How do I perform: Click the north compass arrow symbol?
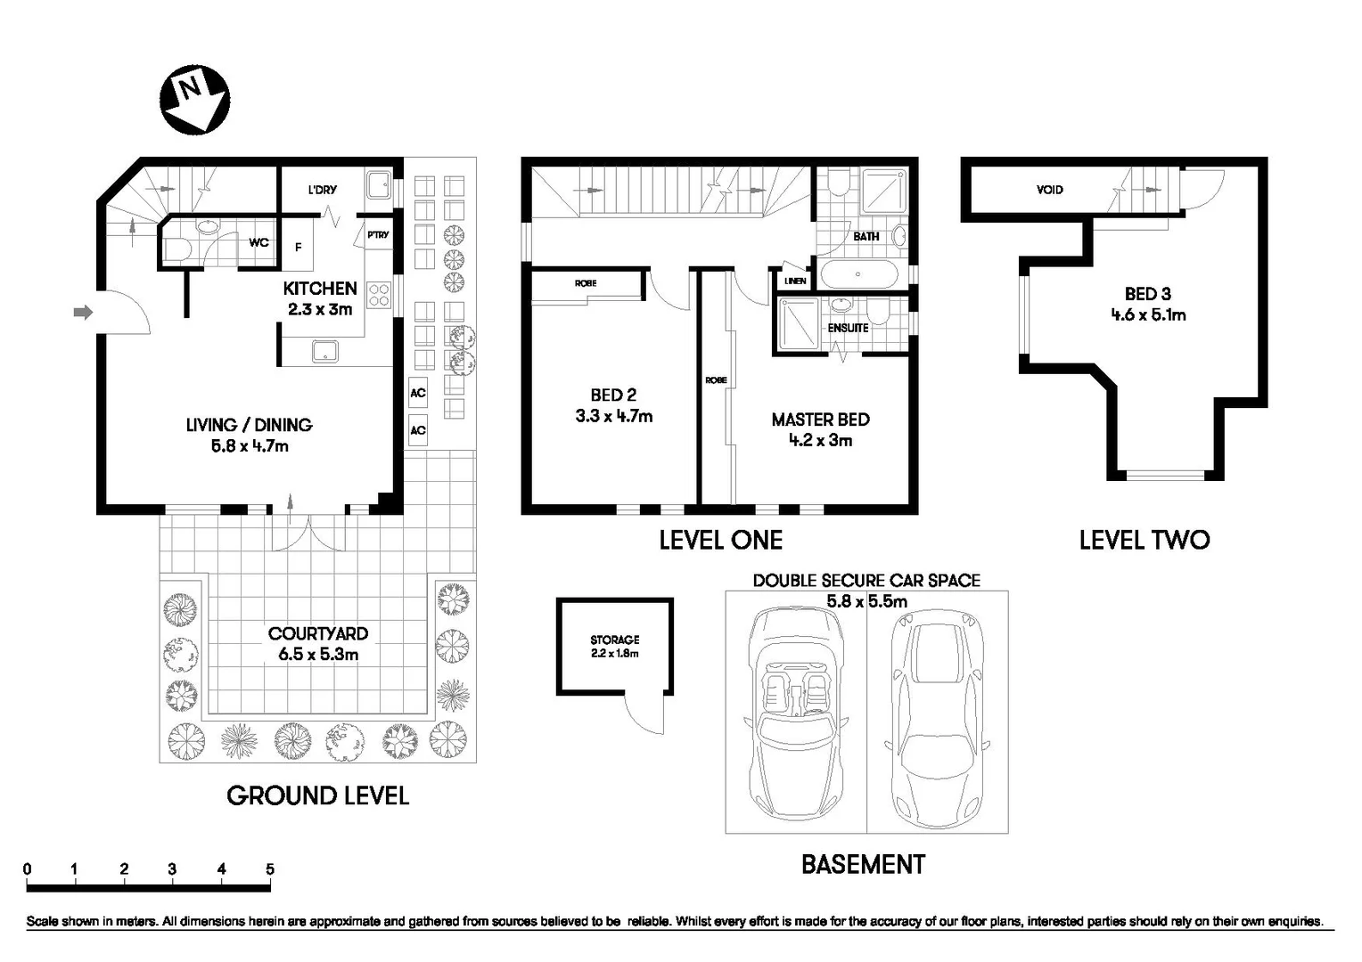[x=194, y=99]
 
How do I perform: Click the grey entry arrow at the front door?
[x=83, y=312]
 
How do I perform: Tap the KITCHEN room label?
[x=319, y=289]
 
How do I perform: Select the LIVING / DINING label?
[x=250, y=425]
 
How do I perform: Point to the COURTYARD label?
[x=318, y=633]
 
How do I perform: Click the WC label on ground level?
[x=258, y=242]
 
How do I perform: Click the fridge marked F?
[x=299, y=248]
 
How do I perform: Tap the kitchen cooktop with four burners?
[x=378, y=295]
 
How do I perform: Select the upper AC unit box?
[x=417, y=393]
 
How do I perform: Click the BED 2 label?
[x=613, y=395]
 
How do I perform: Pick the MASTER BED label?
[x=820, y=420]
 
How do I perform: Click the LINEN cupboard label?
[x=795, y=281]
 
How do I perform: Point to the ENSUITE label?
[x=848, y=328]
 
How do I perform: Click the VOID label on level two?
[x=1049, y=190]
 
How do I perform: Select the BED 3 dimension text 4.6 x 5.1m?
[x=1148, y=314]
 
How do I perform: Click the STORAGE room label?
[x=614, y=640]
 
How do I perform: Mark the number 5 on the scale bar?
[x=270, y=869]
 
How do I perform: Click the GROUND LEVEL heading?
[x=317, y=795]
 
